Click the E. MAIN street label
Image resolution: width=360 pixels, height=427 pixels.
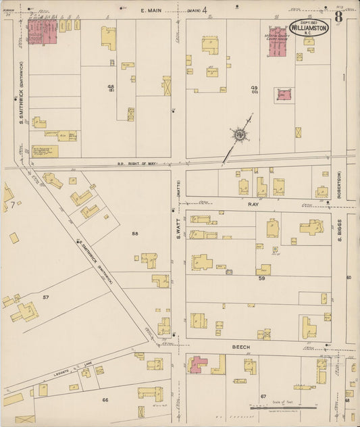pyautogui.click(x=153, y=10)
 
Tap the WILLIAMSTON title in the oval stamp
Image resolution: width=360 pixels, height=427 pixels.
pyautogui.click(x=310, y=28)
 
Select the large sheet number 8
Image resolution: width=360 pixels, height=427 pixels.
pyautogui.click(x=338, y=16)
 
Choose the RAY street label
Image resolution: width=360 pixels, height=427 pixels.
pyautogui.click(x=253, y=203)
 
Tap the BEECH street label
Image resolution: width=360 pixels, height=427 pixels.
pyautogui.click(x=241, y=347)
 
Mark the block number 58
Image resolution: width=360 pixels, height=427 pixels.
pyautogui.click(x=135, y=234)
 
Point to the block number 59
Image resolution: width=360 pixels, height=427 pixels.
pyautogui.click(x=261, y=278)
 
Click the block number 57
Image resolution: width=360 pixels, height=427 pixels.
pyautogui.click(x=46, y=297)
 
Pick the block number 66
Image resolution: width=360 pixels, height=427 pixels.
pyautogui.click(x=105, y=400)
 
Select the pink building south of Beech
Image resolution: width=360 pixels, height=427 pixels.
pyautogui.click(x=200, y=365)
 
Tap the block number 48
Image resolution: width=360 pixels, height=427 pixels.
pyautogui.click(x=110, y=86)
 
